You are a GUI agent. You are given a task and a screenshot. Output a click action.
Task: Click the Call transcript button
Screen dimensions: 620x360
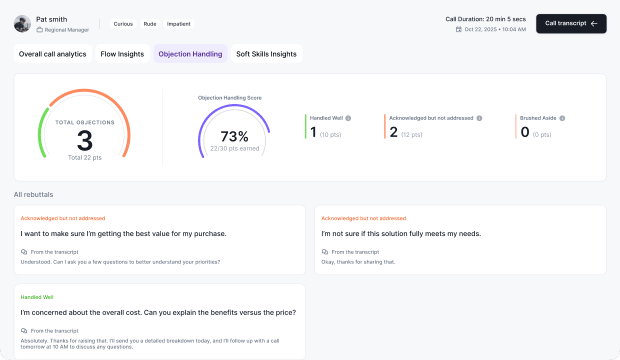coord(571,23)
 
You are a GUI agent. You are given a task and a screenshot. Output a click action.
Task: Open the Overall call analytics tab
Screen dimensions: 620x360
coord(52,53)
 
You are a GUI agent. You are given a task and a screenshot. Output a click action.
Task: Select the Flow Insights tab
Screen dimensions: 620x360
coord(122,53)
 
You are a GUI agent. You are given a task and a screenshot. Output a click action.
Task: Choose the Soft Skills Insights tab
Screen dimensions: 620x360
coord(266,53)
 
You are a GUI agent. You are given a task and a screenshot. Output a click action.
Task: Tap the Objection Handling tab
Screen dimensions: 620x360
coord(190,53)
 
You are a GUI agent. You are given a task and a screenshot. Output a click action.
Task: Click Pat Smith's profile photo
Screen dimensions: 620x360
coord(22,23)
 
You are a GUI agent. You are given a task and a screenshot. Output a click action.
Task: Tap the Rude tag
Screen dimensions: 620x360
coord(150,24)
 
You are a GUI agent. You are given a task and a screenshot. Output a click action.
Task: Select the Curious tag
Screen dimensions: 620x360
coord(123,24)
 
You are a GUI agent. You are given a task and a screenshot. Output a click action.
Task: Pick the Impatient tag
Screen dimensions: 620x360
coord(179,24)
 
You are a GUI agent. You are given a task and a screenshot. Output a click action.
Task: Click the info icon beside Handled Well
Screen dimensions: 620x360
coord(348,118)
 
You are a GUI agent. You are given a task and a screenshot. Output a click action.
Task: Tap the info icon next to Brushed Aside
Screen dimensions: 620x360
coord(562,118)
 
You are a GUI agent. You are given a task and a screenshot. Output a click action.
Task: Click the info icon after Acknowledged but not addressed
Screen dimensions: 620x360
coord(479,118)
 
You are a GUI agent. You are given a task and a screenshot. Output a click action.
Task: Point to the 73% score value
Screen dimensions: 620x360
coord(234,136)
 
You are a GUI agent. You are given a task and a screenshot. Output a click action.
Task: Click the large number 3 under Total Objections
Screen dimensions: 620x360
coord(84,140)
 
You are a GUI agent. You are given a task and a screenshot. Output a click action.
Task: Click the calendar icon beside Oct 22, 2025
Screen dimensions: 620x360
coord(458,29)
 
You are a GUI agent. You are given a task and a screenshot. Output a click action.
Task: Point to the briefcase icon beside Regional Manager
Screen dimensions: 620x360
coord(39,29)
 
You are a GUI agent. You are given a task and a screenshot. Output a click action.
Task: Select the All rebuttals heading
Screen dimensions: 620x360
coord(33,194)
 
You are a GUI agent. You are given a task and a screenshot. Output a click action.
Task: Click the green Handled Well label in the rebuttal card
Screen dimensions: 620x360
coord(37,297)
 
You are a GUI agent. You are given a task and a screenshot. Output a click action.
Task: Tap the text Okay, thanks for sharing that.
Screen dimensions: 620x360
coord(358,262)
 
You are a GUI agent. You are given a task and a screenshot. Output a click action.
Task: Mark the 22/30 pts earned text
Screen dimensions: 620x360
coord(234,148)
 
